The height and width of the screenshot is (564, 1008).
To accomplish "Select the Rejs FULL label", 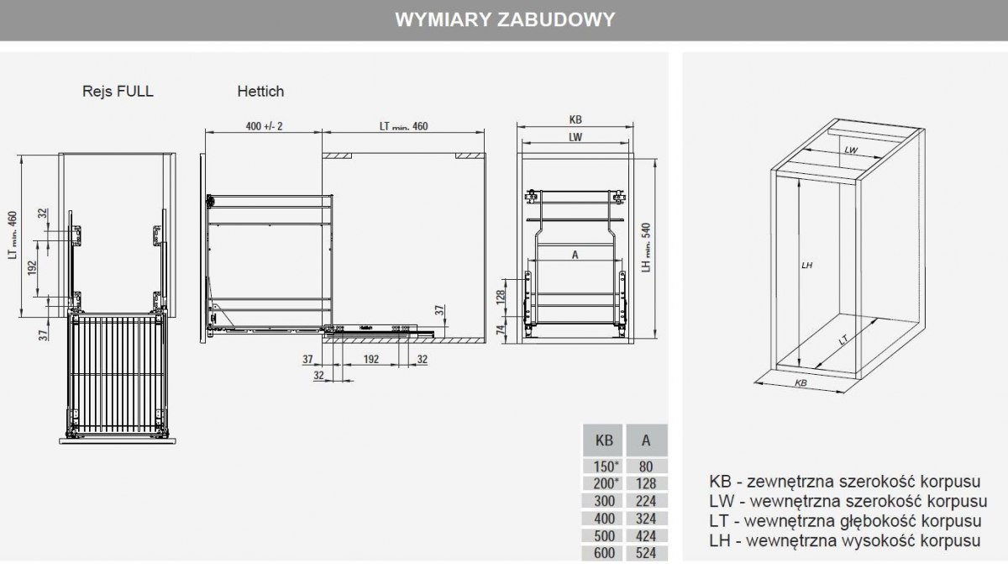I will [118, 91].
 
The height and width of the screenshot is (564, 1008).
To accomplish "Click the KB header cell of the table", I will [604, 440].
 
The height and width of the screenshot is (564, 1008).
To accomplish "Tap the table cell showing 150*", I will [604, 466].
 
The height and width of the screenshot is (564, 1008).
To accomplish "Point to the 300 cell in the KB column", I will [604, 501].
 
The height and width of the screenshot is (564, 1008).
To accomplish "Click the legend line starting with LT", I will [846, 521].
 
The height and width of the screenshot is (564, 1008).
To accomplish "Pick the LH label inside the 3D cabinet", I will [806, 265].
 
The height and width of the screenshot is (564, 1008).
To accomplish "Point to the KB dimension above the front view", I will [575, 119].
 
